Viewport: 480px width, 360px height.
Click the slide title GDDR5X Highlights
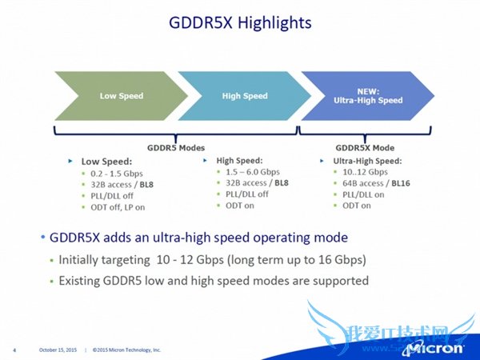pyautogui.click(x=239, y=22)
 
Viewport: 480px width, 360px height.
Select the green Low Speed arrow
pyautogui.click(x=121, y=96)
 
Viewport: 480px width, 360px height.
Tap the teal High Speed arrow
pyautogui.click(x=244, y=96)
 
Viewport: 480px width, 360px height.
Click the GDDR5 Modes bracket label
pyautogui.click(x=175, y=147)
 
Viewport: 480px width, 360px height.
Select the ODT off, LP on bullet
pyautogui.click(x=118, y=207)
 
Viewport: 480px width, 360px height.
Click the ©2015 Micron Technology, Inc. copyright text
pyautogui.click(x=126, y=350)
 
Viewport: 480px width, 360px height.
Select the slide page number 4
pyautogui.click(x=14, y=350)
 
